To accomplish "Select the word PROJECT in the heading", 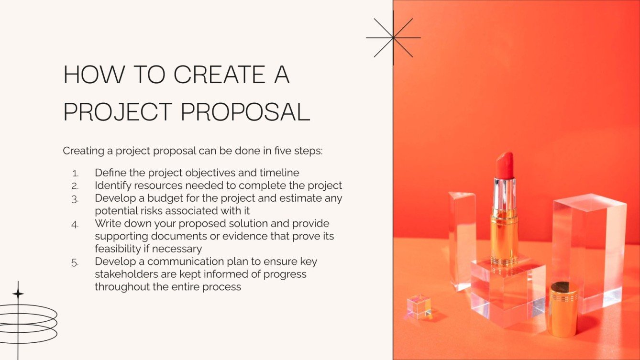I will click(x=117, y=111).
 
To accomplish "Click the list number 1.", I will click(x=75, y=173).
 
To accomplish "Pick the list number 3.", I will click(x=75, y=199).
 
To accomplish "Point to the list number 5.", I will click(x=75, y=262).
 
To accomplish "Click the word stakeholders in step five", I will click(x=124, y=274).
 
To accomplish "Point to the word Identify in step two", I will click(x=111, y=185).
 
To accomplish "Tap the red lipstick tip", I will click(x=504, y=165).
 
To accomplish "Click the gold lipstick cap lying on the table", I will click(x=563, y=308).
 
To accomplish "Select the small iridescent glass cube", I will click(x=419, y=306).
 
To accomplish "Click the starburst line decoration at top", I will click(x=393, y=38).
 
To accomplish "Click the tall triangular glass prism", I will click(x=462, y=239).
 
